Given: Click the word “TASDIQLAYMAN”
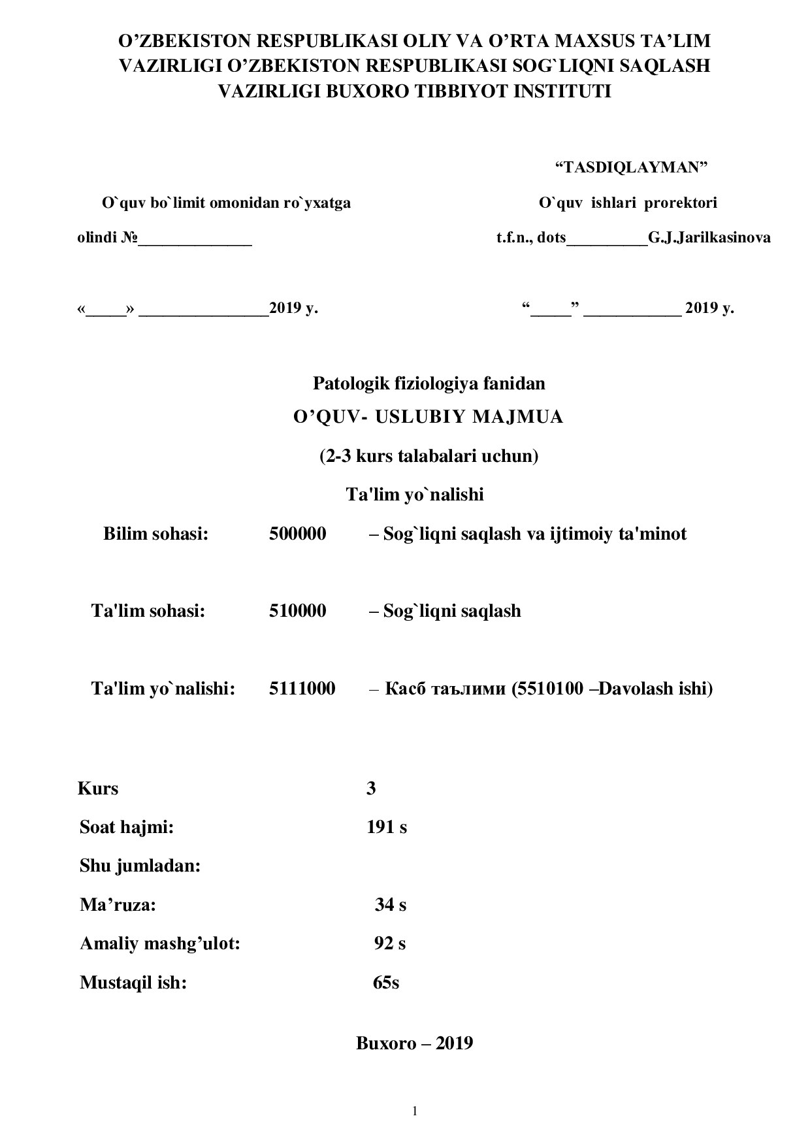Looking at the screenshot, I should click(631, 167).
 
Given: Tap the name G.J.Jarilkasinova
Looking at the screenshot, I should click(709, 237).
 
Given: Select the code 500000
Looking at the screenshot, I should click(297, 534).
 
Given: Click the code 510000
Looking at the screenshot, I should click(297, 611).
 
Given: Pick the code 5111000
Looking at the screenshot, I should click(302, 688).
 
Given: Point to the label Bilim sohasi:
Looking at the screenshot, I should click(155, 534).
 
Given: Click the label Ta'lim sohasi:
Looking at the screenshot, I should click(148, 611).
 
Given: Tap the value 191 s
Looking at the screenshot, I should click(387, 827).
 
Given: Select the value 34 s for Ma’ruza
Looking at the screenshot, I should click(390, 905).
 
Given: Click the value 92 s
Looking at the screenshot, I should click(389, 943).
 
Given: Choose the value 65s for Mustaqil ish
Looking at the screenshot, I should click(385, 983).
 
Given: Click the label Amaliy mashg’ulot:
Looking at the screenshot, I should click(160, 943).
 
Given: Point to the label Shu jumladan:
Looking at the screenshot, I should click(140, 866).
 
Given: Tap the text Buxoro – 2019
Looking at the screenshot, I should click(414, 1043).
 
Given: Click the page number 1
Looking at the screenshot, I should click(414, 1111).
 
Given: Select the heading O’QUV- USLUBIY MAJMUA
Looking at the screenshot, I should click(428, 417).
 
